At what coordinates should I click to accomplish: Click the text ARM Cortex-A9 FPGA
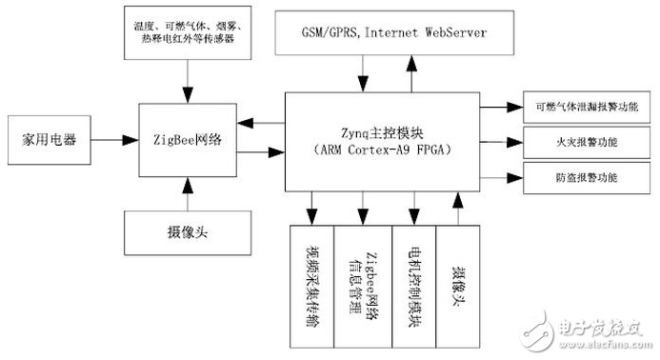(x=381, y=150)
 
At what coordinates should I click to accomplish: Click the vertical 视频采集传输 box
(x=311, y=285)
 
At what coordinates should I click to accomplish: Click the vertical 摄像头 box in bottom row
(x=458, y=285)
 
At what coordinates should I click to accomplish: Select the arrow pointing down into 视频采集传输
(x=310, y=204)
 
